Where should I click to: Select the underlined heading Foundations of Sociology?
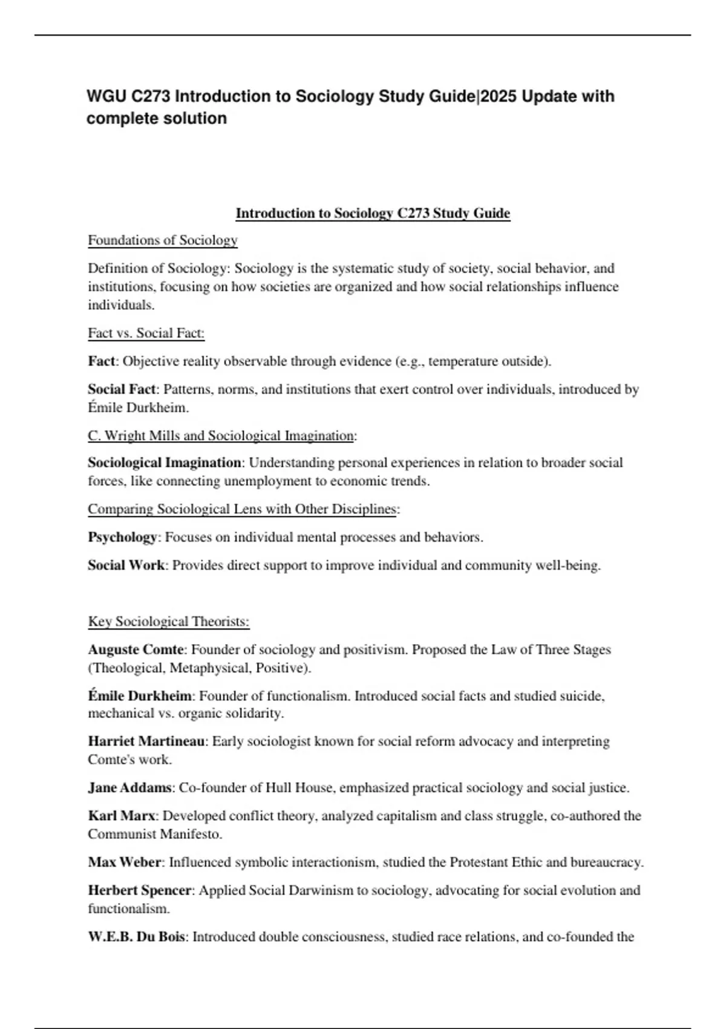pos(163,240)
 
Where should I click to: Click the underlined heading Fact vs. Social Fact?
pos(146,333)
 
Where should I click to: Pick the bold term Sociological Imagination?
pos(165,462)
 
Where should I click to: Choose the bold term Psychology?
pos(123,537)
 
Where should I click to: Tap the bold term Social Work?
pos(126,565)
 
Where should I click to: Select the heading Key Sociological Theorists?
pos(169,622)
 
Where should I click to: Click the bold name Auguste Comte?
pos(136,649)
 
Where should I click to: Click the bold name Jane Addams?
pos(129,788)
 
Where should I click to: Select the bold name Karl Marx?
pos(122,816)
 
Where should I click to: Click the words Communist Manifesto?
pos(154,834)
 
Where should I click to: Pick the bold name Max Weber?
pos(125,862)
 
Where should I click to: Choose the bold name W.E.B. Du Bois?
pos(137,937)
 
